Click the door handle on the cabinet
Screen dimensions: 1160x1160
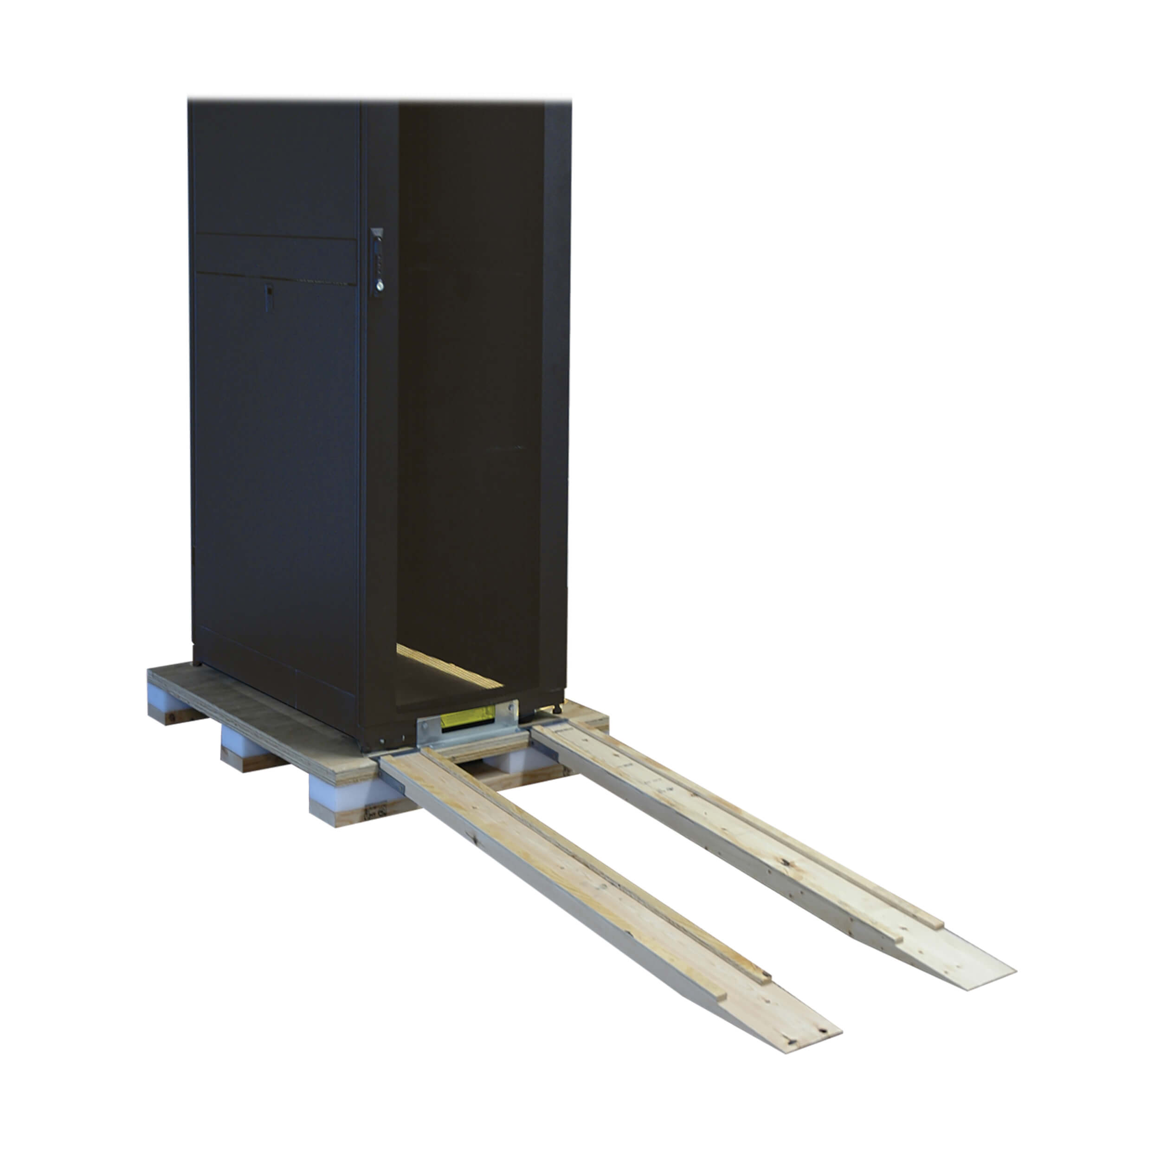pos(377,262)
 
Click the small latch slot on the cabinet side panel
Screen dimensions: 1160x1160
pos(269,298)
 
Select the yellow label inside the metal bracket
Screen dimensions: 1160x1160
pos(468,719)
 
